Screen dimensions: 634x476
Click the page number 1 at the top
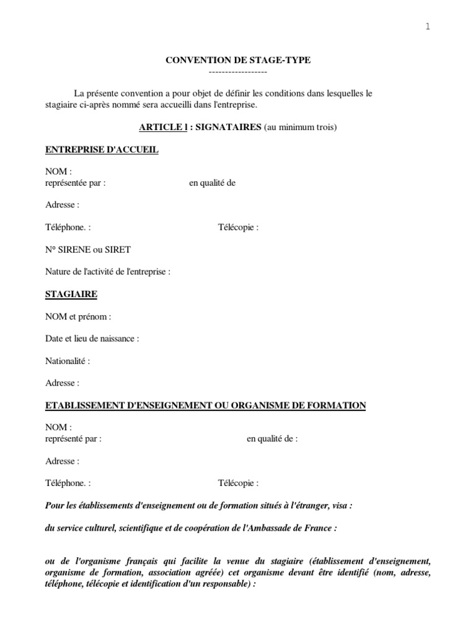coord(428,27)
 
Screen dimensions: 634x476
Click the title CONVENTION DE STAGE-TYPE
coord(238,60)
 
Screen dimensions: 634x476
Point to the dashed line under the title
coord(238,72)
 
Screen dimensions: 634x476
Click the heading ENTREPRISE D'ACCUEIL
coord(102,150)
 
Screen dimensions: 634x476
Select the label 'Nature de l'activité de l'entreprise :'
coord(108,271)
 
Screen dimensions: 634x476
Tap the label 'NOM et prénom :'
coord(78,316)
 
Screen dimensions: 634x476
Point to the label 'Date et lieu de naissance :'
coord(92,339)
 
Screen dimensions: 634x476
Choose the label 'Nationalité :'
coord(68,361)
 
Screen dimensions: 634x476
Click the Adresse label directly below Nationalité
coord(62,383)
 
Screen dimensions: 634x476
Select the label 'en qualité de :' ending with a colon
coord(272,439)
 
